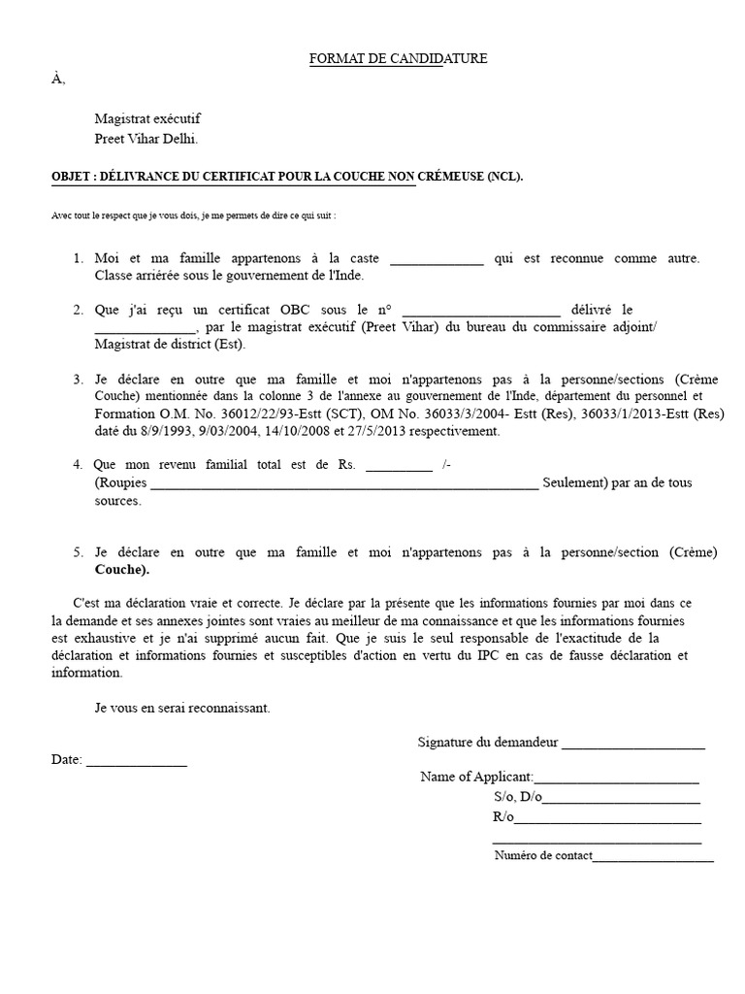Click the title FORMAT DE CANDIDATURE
(x=398, y=59)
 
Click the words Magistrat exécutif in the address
(x=147, y=118)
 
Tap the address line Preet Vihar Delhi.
(x=146, y=139)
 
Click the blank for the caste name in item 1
(x=436, y=260)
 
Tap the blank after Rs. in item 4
(x=399, y=467)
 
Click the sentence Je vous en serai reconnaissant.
(x=182, y=708)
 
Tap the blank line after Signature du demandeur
(x=632, y=745)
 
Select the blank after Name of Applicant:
(x=616, y=779)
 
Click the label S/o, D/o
(x=517, y=797)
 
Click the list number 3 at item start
(x=78, y=379)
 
